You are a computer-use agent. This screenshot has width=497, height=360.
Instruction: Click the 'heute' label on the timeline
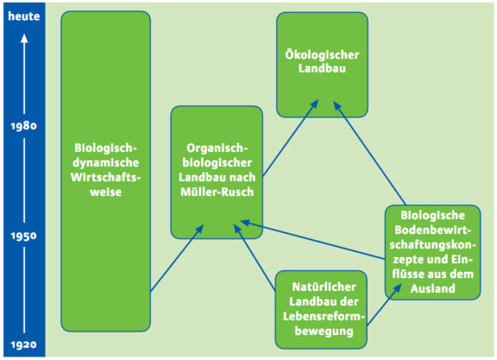coord(24,16)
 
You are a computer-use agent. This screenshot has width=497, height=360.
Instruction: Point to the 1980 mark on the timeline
coord(24,126)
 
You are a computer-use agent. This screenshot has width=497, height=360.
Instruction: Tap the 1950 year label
coord(24,236)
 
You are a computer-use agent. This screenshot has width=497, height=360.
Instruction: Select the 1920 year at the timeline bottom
coord(24,344)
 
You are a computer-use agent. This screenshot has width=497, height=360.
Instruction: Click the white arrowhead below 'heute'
coord(24,39)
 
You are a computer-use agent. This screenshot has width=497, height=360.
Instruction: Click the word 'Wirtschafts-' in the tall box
coord(105,177)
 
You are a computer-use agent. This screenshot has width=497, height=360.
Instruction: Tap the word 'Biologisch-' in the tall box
coord(105,148)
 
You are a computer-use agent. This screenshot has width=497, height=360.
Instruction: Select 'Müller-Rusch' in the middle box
coord(217,192)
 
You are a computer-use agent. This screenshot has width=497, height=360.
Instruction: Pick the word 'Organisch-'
coord(217,148)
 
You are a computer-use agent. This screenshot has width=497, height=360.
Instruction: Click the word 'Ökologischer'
coord(322,55)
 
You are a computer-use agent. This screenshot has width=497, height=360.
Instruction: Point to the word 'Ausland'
coord(433,288)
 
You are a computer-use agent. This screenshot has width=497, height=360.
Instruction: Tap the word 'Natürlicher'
coord(324,287)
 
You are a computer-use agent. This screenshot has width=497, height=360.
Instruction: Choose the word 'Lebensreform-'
coord(324,316)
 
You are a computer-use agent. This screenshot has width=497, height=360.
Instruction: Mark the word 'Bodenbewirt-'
coord(433,230)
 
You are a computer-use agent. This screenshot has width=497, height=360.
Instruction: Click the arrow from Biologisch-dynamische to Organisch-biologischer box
coord(177,258)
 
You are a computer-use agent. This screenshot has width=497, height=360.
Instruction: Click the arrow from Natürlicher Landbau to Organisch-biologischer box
coord(255,257)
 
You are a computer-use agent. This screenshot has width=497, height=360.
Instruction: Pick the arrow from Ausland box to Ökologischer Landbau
coord(369,153)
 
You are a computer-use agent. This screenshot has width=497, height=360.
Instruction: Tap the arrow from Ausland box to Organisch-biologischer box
coord(313,240)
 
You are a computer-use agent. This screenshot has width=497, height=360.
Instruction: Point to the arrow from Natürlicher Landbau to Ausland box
coord(384,305)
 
